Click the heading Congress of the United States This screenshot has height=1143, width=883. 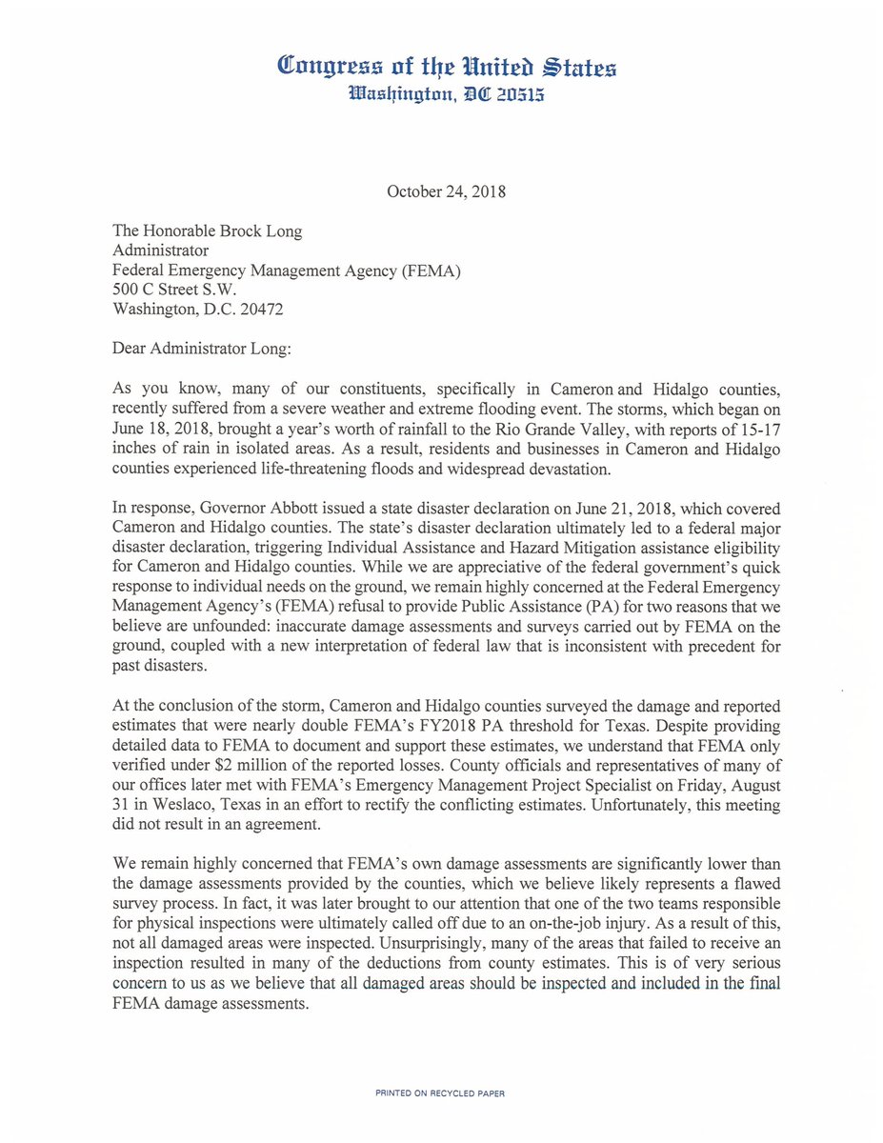click(x=446, y=67)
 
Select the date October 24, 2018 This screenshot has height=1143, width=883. click(x=446, y=191)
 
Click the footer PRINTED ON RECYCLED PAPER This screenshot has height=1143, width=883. click(x=440, y=1094)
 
